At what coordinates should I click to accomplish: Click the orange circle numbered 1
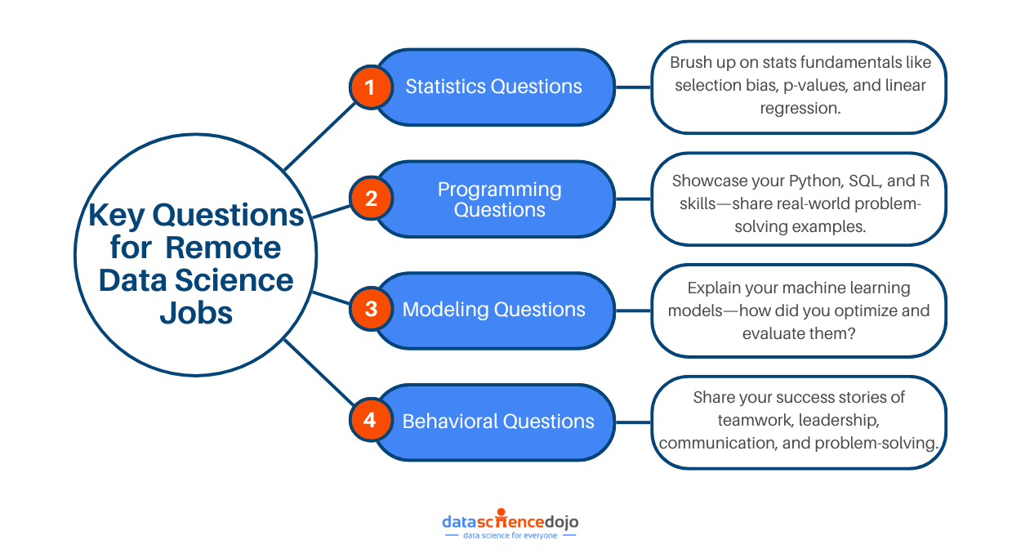pyautogui.click(x=370, y=87)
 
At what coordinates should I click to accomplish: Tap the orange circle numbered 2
pyautogui.click(x=370, y=199)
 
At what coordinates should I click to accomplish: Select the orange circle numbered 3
pyautogui.click(x=370, y=310)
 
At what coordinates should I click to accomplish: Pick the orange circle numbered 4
pyautogui.click(x=370, y=421)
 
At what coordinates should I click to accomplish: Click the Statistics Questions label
pyautogui.click(x=493, y=87)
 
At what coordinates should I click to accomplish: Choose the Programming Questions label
pyautogui.click(x=499, y=199)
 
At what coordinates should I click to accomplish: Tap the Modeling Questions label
pyautogui.click(x=493, y=310)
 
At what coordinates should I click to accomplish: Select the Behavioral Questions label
pyautogui.click(x=497, y=422)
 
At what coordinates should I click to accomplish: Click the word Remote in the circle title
pyautogui.click(x=230, y=248)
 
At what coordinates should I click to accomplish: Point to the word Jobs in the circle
pyautogui.click(x=196, y=312)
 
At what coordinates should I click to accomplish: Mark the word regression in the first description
pyautogui.click(x=800, y=108)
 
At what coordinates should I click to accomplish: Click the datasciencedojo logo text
pyautogui.click(x=510, y=520)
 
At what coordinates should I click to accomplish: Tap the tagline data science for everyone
pyautogui.click(x=510, y=536)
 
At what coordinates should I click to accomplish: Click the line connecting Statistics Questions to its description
pyautogui.click(x=633, y=87)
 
